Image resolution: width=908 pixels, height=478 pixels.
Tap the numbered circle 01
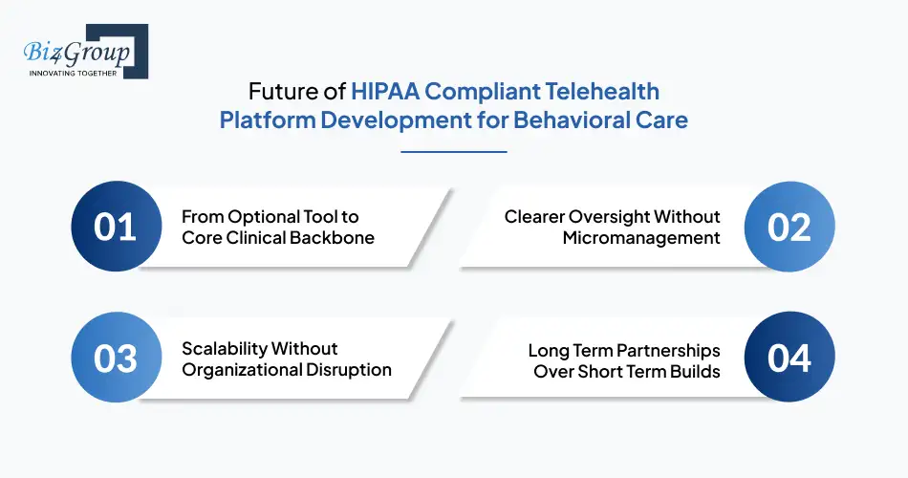pyautogui.click(x=116, y=227)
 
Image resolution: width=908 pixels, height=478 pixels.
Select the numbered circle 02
pyautogui.click(x=790, y=227)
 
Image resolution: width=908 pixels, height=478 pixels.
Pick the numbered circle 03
pyautogui.click(x=116, y=358)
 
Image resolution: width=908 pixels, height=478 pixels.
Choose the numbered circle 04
pyautogui.click(x=790, y=358)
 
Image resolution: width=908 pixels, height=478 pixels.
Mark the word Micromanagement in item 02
pyautogui.click(x=641, y=237)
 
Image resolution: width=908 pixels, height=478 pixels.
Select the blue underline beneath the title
pyautogui.click(x=454, y=151)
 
